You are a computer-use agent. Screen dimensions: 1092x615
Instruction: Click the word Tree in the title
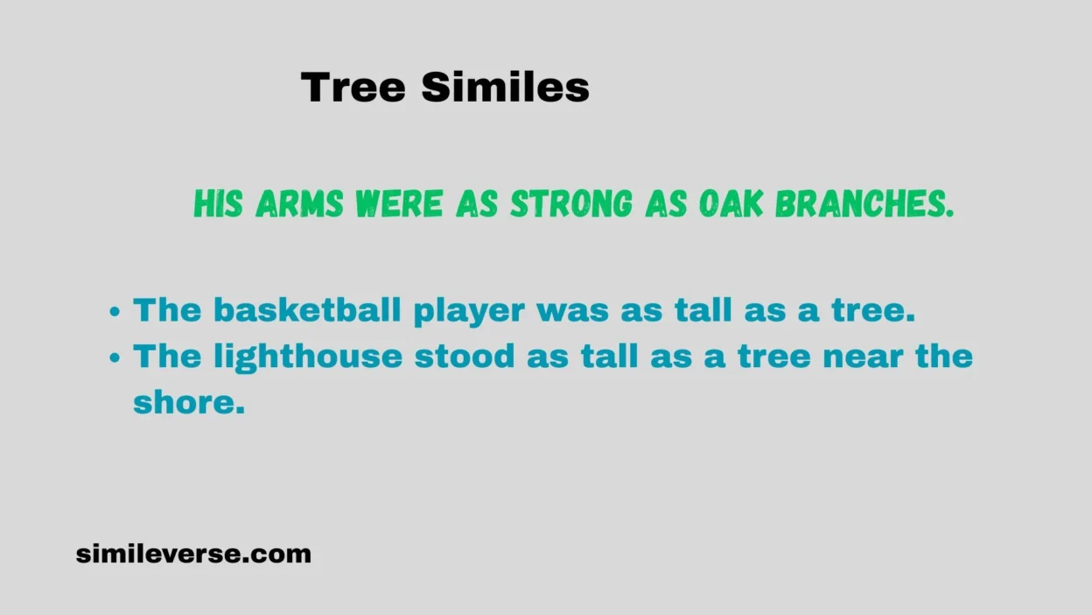(x=353, y=87)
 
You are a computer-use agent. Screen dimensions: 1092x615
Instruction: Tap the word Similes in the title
(x=506, y=87)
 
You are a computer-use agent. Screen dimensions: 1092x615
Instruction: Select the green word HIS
(x=218, y=203)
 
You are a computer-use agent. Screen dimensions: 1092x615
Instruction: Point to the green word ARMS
(x=299, y=203)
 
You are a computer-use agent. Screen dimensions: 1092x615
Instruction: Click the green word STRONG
(x=570, y=203)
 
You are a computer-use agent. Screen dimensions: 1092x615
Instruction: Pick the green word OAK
(x=731, y=203)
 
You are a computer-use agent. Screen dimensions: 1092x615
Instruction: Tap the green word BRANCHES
(x=864, y=203)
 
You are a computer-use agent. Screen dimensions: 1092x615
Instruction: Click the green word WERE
(x=399, y=203)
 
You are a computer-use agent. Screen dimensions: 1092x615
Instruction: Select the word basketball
(x=307, y=309)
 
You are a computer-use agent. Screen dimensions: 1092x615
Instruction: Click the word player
(x=469, y=313)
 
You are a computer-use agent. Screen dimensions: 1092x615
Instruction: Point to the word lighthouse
(x=308, y=357)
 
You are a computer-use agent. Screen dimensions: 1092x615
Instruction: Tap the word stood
(x=465, y=356)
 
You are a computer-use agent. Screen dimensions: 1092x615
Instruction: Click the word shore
(x=189, y=402)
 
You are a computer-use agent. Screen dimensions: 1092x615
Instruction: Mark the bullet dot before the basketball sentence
(x=115, y=311)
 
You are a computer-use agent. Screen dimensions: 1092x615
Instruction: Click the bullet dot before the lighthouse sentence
(x=115, y=357)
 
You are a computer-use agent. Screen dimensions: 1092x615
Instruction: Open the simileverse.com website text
(x=193, y=554)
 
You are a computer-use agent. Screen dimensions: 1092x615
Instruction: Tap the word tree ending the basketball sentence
(x=873, y=310)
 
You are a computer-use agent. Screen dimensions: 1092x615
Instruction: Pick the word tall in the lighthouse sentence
(x=609, y=356)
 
